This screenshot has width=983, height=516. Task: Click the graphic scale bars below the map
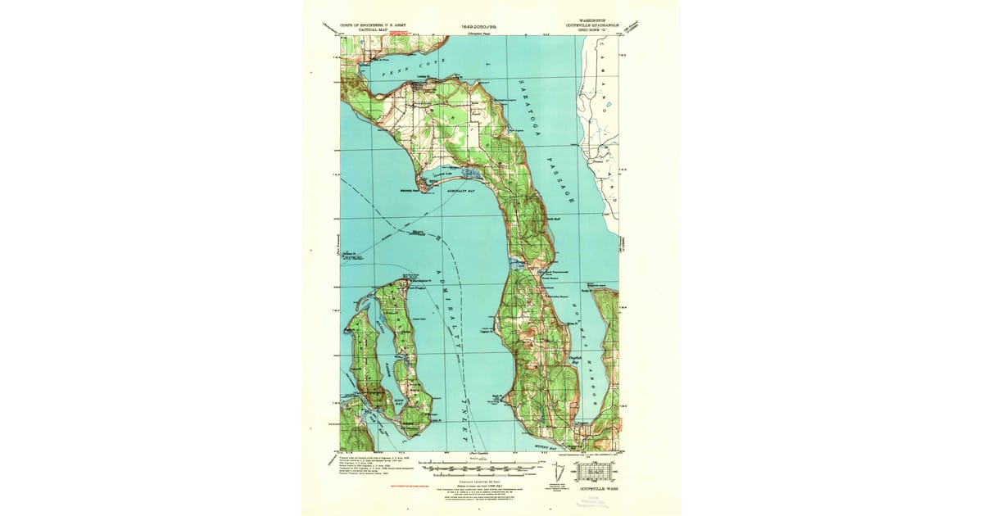(x=478, y=467)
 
